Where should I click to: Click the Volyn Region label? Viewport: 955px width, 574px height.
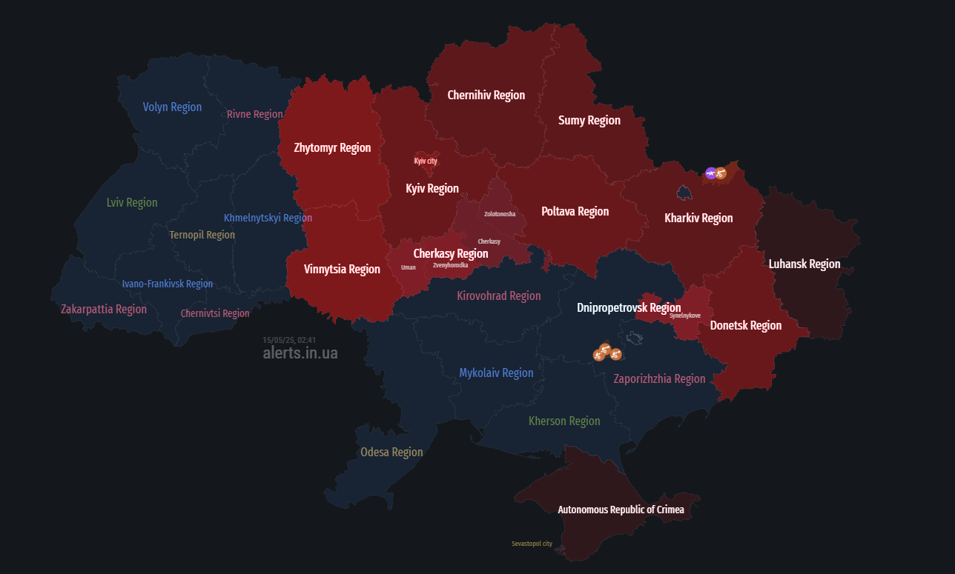click(172, 107)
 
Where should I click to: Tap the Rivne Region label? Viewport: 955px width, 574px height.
click(254, 114)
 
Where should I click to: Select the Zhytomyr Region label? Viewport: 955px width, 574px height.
click(332, 148)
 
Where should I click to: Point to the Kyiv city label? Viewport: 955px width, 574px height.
click(426, 161)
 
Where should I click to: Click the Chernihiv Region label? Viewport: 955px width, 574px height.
click(486, 96)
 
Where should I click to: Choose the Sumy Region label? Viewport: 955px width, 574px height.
click(589, 121)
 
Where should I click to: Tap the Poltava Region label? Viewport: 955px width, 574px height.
click(575, 212)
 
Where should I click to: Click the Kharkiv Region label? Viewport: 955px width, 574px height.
click(698, 218)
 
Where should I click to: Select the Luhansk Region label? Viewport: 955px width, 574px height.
click(804, 264)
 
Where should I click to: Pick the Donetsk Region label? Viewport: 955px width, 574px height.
click(745, 326)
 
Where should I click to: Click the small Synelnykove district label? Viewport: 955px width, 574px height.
click(684, 316)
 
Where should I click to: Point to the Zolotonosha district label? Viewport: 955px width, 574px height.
click(500, 214)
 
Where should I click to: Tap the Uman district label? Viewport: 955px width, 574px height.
click(409, 267)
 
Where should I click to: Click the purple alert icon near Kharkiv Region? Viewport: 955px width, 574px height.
click(711, 173)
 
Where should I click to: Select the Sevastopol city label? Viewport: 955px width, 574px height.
click(532, 544)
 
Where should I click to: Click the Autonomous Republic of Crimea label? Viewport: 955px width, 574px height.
click(621, 510)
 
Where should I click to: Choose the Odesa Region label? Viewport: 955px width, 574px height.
click(391, 453)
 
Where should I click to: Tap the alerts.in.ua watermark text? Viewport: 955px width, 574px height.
click(300, 353)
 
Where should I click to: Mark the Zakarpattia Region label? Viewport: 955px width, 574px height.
click(104, 310)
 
